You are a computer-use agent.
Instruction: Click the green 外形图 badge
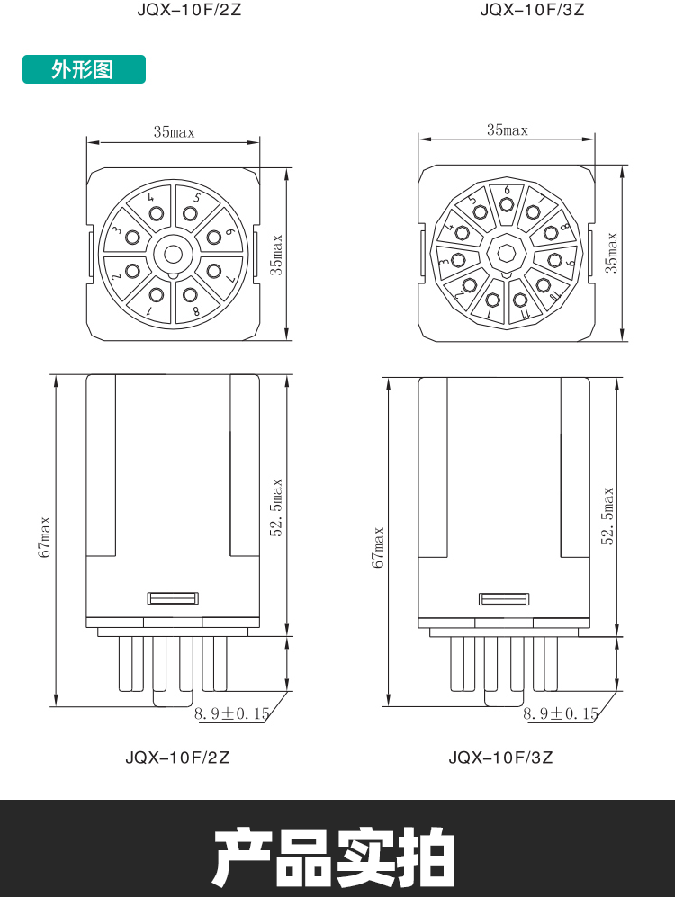click(84, 69)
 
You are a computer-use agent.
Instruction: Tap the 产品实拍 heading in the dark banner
click(335, 857)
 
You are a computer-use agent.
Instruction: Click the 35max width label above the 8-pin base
click(174, 132)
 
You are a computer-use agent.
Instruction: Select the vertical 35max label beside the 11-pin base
click(611, 252)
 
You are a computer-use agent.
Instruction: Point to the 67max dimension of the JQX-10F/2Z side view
click(45, 537)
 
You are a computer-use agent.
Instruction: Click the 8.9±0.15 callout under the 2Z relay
click(231, 713)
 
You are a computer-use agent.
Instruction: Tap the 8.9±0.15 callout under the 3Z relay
click(561, 713)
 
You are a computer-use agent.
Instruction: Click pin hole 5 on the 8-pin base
click(190, 214)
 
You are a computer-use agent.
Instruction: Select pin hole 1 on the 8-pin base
click(157, 295)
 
